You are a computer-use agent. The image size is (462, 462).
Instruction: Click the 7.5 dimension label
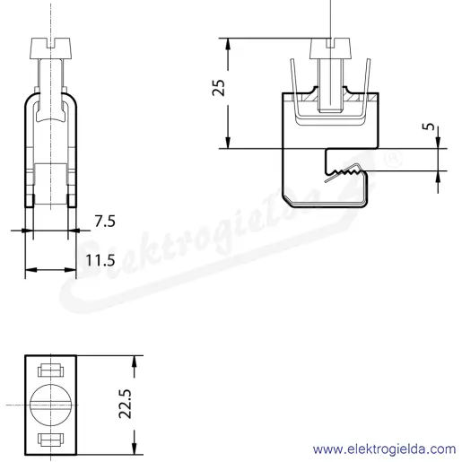click(x=105, y=222)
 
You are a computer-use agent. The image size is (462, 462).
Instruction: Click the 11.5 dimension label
click(x=100, y=260)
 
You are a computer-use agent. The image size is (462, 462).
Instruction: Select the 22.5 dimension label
click(x=125, y=404)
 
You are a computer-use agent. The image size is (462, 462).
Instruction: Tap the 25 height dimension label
click(x=218, y=88)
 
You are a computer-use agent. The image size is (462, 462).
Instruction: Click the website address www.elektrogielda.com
click(x=384, y=449)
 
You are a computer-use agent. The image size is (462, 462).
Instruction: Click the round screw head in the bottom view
click(x=51, y=405)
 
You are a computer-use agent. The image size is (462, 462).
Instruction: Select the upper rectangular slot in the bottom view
click(x=51, y=370)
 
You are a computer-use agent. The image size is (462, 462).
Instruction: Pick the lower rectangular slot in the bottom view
click(x=51, y=439)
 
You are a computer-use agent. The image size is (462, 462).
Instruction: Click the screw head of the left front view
click(x=51, y=48)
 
